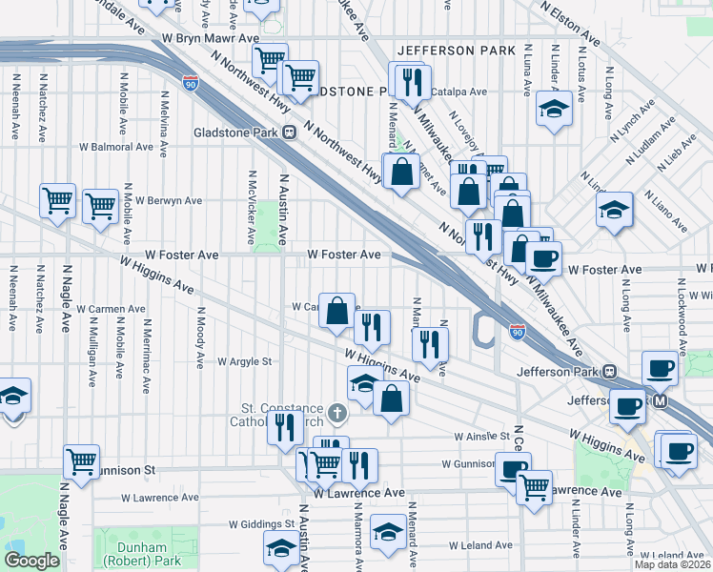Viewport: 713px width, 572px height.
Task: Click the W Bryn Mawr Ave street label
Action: click(x=211, y=38)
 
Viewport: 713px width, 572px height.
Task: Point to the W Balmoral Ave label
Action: click(x=116, y=148)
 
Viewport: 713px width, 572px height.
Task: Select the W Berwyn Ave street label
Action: click(x=169, y=201)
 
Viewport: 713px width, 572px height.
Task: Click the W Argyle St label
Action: click(x=245, y=362)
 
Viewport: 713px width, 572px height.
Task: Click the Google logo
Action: click(x=31, y=561)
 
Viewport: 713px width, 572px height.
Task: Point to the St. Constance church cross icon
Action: click(x=336, y=414)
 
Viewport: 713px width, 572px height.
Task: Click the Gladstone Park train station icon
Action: click(x=287, y=132)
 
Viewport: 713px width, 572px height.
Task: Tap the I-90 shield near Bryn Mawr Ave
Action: click(x=191, y=84)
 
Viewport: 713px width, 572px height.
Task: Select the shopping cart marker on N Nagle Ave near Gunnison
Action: click(x=82, y=462)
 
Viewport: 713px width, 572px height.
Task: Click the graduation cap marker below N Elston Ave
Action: click(x=553, y=109)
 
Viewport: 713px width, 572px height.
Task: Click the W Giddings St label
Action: click(x=262, y=524)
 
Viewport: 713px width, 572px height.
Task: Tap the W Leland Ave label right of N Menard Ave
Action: click(x=482, y=545)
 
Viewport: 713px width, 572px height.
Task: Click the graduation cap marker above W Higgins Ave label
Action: click(x=362, y=384)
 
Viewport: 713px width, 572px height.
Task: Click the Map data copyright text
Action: click(x=671, y=563)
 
